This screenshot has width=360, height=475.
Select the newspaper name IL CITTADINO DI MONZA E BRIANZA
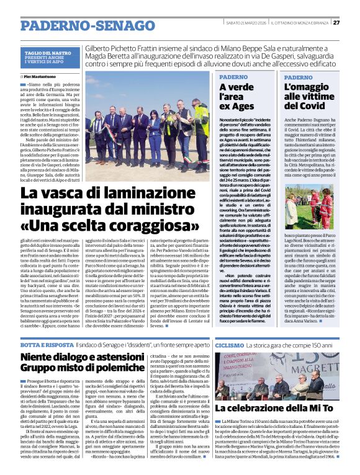click(297, 22)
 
